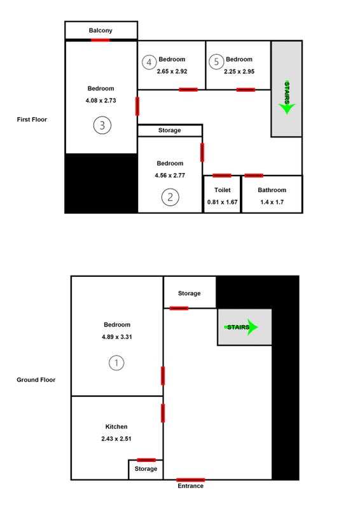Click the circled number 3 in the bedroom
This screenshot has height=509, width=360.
click(102, 125)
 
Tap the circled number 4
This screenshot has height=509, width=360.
click(149, 62)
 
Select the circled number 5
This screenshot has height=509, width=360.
click(216, 62)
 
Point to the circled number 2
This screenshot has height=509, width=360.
click(170, 197)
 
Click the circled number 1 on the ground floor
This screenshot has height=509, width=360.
click(116, 363)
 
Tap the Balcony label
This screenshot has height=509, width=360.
click(100, 31)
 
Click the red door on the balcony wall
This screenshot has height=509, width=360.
click(100, 40)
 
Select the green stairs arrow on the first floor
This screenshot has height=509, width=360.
click(287, 98)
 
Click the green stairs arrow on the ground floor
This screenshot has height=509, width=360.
click(241, 327)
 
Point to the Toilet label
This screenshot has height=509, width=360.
click(223, 190)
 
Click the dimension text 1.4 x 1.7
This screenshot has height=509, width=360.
click(272, 202)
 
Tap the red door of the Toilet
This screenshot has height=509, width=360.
click(222, 176)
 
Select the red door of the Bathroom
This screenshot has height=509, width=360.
click(254, 176)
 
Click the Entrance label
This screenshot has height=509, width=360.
click(191, 486)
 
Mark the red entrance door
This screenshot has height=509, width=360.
click(191, 480)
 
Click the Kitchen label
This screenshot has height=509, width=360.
click(116, 426)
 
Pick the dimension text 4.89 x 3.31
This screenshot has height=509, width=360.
click(117, 337)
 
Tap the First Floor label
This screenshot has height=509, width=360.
click(32, 120)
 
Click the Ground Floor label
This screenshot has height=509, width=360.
click(36, 380)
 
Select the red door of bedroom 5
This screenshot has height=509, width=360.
click(246, 90)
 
